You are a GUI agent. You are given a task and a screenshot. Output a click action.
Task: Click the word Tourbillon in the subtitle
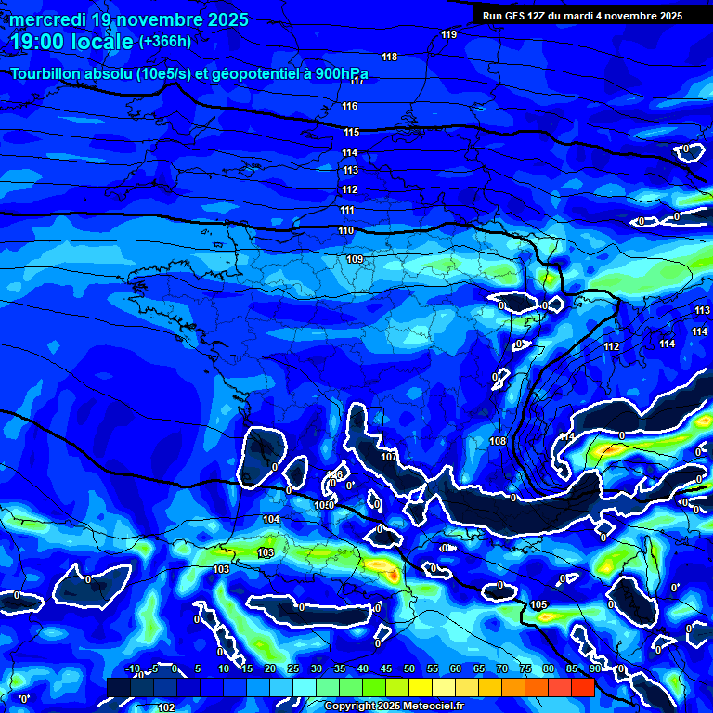click(49, 74)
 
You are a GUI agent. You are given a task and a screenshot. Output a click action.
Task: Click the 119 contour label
click(449, 34)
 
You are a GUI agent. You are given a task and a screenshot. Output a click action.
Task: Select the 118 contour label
click(390, 57)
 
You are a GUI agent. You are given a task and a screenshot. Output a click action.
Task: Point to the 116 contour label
click(350, 106)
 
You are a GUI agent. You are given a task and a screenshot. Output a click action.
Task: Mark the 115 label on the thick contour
click(351, 132)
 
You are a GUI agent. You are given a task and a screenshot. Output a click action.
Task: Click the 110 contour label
click(346, 230)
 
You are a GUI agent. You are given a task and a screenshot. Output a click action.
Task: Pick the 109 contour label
click(354, 259)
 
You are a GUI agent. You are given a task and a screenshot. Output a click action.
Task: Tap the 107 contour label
click(389, 457)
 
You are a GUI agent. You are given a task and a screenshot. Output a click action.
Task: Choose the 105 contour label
click(540, 604)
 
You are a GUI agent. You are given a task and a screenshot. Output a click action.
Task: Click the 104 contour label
click(271, 519)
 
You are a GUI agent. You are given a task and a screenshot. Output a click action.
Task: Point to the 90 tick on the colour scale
click(593, 668)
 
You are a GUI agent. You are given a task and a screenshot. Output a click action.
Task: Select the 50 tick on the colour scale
click(409, 668)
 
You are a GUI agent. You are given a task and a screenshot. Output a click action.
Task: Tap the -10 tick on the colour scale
click(133, 668)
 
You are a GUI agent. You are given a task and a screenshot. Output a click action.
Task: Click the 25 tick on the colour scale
click(293, 668)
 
